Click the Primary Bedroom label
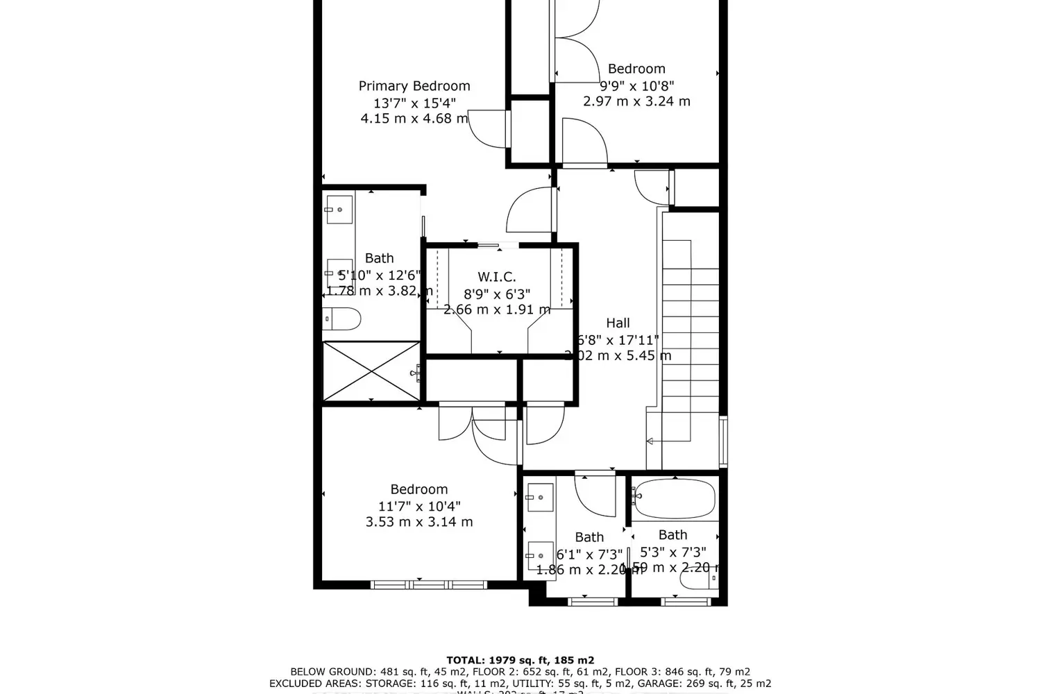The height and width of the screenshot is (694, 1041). (x=414, y=86)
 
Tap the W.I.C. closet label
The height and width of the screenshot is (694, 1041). (x=496, y=277)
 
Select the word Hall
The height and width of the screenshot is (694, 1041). (x=618, y=323)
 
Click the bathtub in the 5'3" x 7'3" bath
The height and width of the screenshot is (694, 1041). (x=674, y=498)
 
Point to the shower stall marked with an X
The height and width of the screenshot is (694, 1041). (x=371, y=371)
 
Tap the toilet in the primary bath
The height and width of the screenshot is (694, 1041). (x=342, y=319)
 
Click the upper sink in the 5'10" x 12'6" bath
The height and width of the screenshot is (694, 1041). (x=339, y=210)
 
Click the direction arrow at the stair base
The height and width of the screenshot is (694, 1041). (x=650, y=441)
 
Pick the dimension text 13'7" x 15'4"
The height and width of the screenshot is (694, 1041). (x=414, y=103)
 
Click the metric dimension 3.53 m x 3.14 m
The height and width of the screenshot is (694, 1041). (x=419, y=522)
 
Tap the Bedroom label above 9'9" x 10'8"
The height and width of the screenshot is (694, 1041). (x=636, y=69)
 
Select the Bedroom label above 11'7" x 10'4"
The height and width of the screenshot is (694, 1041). (x=419, y=489)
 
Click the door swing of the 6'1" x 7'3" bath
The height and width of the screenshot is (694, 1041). (x=595, y=494)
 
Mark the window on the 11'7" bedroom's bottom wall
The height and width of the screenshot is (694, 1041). (x=419, y=585)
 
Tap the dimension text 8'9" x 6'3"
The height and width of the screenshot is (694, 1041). (x=496, y=294)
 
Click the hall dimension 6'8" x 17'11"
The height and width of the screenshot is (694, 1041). (x=618, y=339)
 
